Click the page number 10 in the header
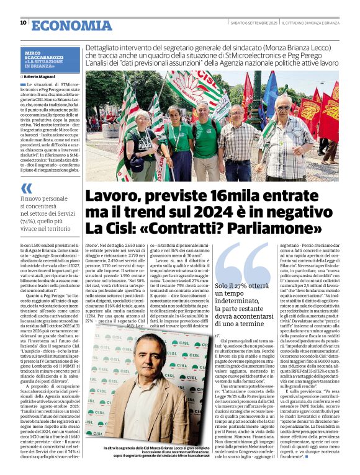(23, 22)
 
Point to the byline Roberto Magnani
(43, 77)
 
